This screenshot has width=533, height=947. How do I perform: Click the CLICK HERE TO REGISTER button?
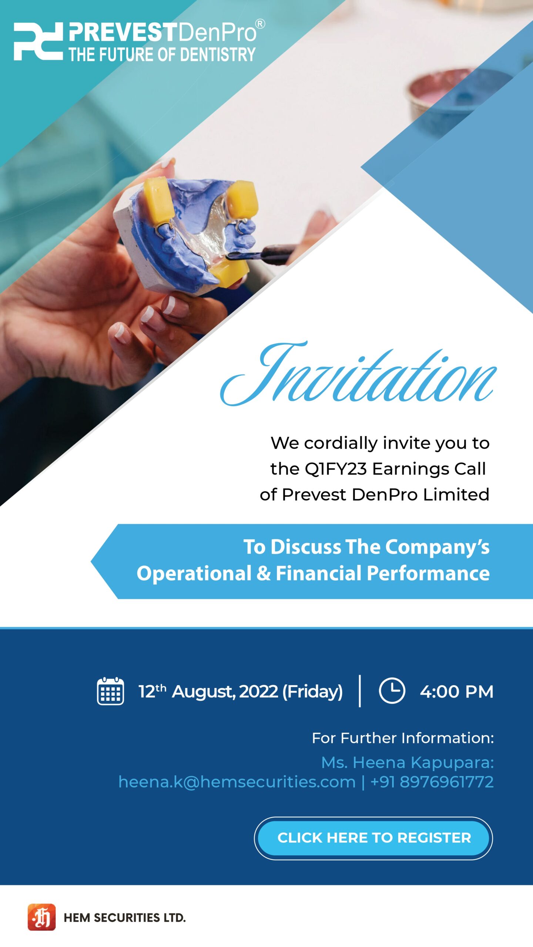(x=373, y=838)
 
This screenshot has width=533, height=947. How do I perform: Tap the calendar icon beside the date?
(x=110, y=691)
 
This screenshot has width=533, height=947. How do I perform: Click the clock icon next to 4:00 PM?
(x=392, y=690)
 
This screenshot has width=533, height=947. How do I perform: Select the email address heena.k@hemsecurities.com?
(x=237, y=782)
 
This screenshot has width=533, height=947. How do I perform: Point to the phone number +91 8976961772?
(x=432, y=782)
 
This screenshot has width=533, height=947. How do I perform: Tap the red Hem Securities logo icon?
(x=41, y=917)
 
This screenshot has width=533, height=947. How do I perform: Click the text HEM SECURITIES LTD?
(x=125, y=918)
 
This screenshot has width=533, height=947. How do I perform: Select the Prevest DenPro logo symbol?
(x=38, y=41)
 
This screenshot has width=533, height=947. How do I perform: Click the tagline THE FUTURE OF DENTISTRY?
(x=162, y=54)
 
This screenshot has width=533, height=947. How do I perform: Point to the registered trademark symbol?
(x=260, y=24)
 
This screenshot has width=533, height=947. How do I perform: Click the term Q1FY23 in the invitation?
(x=335, y=469)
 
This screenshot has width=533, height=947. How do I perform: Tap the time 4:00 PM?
(x=457, y=691)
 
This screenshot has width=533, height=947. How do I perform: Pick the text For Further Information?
(x=403, y=738)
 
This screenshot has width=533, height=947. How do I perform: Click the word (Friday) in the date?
(x=312, y=692)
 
